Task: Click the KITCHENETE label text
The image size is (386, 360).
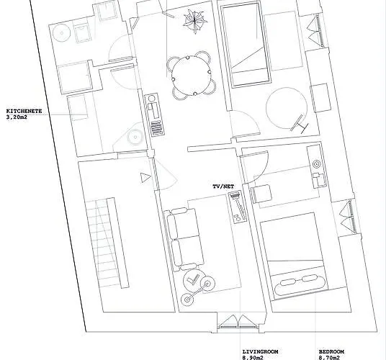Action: [24, 111]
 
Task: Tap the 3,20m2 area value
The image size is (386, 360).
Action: [17, 117]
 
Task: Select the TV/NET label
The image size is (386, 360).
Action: [223, 186]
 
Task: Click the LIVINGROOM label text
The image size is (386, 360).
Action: [261, 351]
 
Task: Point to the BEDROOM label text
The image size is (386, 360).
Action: [331, 351]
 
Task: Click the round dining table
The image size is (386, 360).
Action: [192, 76]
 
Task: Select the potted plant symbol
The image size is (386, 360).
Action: [195, 22]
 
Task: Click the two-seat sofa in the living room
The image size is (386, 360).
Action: [184, 239]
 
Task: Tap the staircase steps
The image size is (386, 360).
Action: [107, 242]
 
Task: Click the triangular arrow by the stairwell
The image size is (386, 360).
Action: [145, 178]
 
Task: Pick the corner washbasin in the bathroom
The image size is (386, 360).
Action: [135, 137]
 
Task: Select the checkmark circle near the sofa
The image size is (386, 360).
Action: [193, 280]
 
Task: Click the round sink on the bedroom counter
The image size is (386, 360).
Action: [316, 164]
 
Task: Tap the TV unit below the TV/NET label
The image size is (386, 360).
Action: [238, 207]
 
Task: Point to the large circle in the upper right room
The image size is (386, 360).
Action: [287, 109]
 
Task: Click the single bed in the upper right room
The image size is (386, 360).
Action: [245, 45]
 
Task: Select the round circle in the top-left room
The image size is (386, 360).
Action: [61, 32]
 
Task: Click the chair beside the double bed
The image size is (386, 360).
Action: [261, 194]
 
